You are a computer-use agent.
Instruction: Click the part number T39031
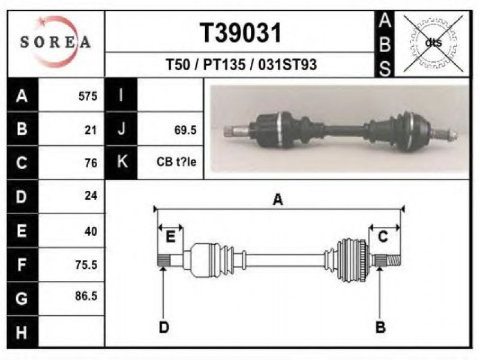click(x=241, y=33)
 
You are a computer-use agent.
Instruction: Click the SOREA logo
click(x=55, y=41)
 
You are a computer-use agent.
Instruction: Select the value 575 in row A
click(x=88, y=96)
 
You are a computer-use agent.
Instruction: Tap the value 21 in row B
click(x=91, y=130)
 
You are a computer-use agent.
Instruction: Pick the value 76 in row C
click(x=91, y=163)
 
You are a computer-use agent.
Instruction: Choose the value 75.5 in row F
click(x=86, y=265)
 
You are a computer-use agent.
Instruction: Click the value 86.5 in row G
click(x=86, y=296)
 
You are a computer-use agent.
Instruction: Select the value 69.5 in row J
click(x=185, y=130)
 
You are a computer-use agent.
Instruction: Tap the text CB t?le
click(x=176, y=161)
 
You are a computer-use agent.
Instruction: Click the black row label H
click(x=22, y=332)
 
